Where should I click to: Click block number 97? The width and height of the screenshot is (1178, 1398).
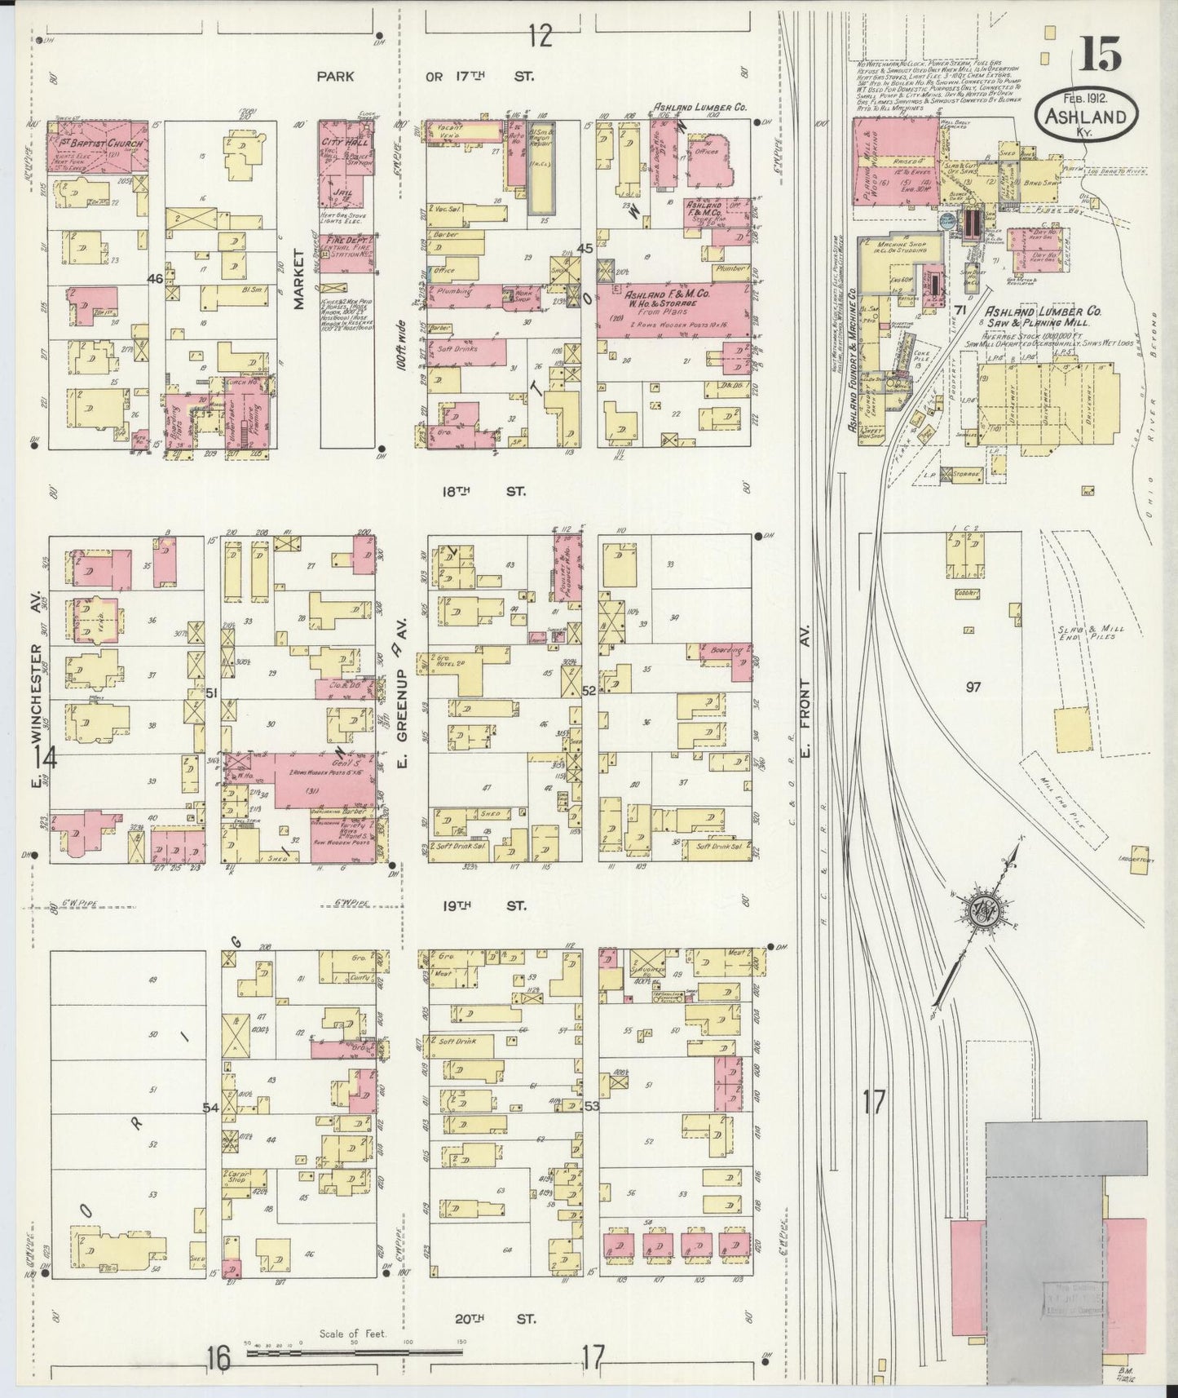pos(973,687)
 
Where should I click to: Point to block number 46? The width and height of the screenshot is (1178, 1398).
pos(155,279)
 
